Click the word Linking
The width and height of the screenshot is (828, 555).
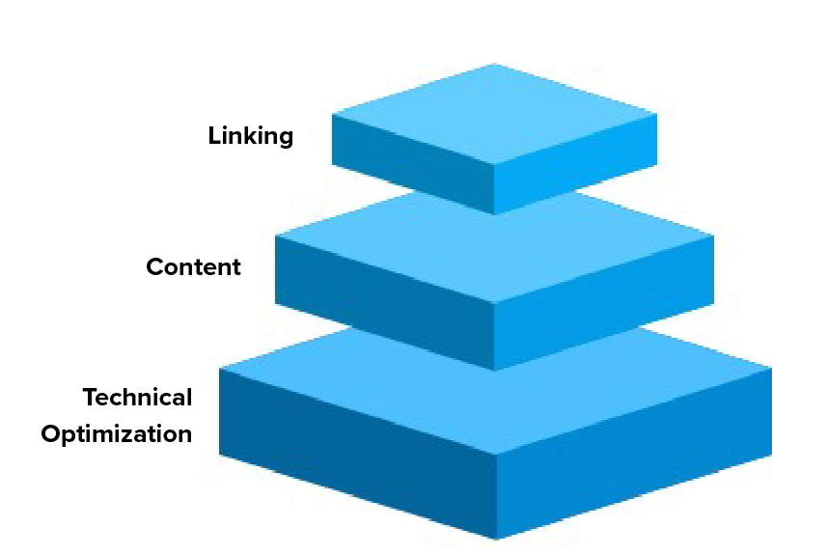250,136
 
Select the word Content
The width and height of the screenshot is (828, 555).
193,266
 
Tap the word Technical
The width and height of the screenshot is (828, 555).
137,397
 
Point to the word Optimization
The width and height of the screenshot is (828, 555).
117,434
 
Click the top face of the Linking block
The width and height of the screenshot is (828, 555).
494,114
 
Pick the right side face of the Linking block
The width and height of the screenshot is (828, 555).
576,164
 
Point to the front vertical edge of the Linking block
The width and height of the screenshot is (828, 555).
494,189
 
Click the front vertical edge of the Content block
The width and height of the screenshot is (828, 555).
494,337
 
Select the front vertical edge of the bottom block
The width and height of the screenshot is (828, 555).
496,496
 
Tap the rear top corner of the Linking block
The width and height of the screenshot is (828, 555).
494,64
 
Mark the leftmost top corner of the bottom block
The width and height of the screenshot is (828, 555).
220,369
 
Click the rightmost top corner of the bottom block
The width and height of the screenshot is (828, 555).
771,369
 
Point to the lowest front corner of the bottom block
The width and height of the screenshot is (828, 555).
496,539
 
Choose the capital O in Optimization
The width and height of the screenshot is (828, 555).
52,434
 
